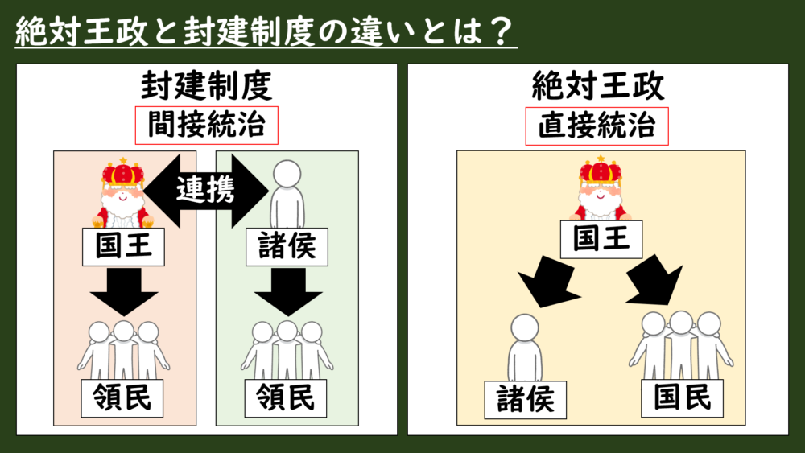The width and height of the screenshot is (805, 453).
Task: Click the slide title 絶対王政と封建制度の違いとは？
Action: [266, 30]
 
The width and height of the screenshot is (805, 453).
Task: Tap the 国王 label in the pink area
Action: [123, 247]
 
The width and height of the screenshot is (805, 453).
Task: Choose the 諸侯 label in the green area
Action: [287, 247]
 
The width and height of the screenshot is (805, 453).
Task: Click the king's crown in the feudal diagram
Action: [123, 171]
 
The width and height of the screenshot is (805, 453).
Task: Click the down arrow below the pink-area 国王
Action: [123, 292]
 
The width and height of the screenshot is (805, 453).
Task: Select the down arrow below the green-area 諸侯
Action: [287, 292]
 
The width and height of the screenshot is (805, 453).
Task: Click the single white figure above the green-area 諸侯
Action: [287, 193]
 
